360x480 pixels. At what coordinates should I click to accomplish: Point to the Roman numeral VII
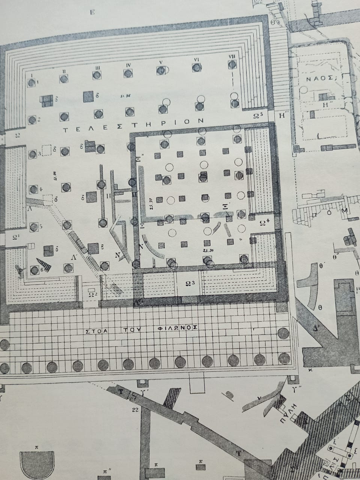(232, 56)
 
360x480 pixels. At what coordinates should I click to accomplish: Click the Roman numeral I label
(32, 75)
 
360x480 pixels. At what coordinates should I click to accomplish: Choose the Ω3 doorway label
(189, 284)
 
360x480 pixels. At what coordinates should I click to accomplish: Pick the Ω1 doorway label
(15, 237)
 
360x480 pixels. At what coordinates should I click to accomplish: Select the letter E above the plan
(92, 12)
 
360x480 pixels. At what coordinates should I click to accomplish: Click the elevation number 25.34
(207, 250)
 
